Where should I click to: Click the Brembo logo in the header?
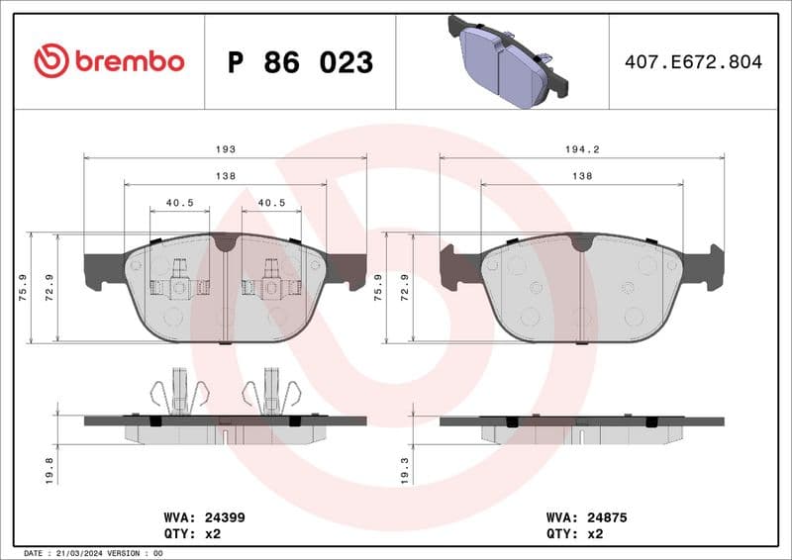[x=109, y=61]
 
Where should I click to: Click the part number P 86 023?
[x=300, y=62]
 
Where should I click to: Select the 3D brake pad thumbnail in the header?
[x=506, y=59]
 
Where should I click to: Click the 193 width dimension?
[x=226, y=149]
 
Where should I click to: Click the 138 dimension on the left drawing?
[x=226, y=176]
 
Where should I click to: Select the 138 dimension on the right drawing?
[x=581, y=176]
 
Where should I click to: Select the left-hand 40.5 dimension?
[x=179, y=203]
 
